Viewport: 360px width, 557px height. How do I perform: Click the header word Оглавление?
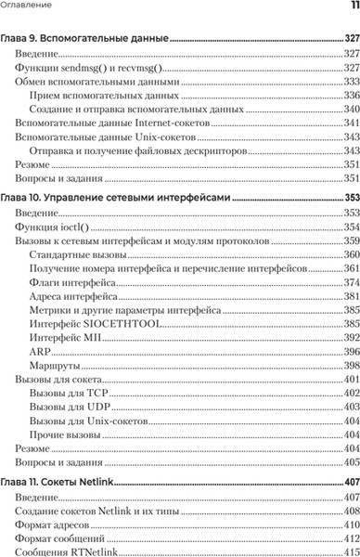tap(26, 6)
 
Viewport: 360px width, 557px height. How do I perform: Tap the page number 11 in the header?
tap(354, 6)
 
